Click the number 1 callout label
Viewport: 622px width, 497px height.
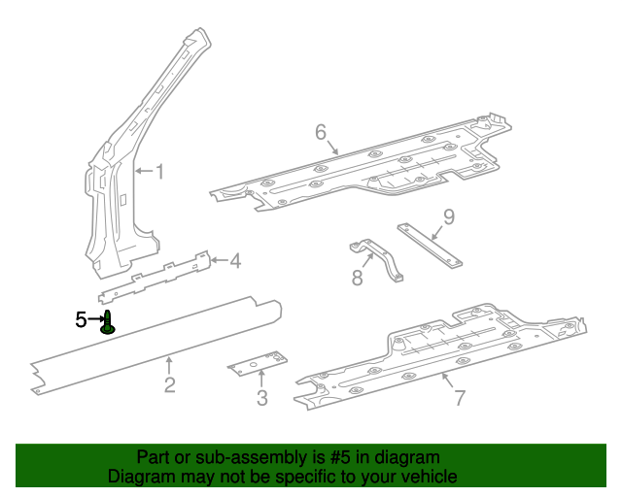[160, 172]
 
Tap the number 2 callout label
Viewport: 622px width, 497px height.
[169, 385]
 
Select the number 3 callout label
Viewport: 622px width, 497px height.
[261, 397]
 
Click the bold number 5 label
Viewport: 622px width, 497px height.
[82, 318]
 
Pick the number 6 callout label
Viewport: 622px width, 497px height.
[320, 132]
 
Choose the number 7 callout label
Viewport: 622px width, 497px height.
[460, 397]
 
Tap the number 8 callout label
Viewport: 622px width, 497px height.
[357, 280]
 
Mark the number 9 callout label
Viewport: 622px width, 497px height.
[448, 216]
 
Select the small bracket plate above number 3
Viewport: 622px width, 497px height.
[257, 363]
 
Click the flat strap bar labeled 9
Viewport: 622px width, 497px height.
[430, 246]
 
